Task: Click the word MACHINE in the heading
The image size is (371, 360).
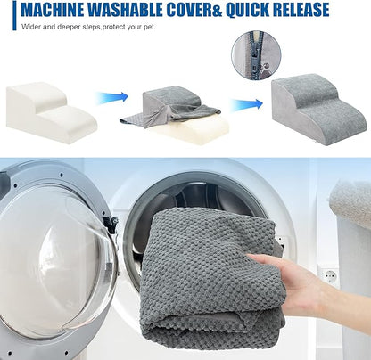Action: (x=53, y=10)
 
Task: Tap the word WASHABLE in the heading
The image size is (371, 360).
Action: (x=125, y=10)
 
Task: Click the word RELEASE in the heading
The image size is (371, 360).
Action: (x=301, y=10)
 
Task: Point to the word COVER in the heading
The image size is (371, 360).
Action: (x=189, y=10)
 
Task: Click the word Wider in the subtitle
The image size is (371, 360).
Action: (x=31, y=27)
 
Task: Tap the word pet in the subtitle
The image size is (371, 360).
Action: (x=149, y=27)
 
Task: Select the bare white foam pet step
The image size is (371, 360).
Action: (x=52, y=112)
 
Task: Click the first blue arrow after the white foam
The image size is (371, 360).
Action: (x=112, y=97)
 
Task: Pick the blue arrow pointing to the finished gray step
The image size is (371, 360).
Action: (x=246, y=104)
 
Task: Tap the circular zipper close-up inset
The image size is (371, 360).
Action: (x=256, y=55)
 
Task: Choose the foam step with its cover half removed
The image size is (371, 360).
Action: (x=175, y=114)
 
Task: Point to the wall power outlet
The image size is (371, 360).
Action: (x=328, y=275)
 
